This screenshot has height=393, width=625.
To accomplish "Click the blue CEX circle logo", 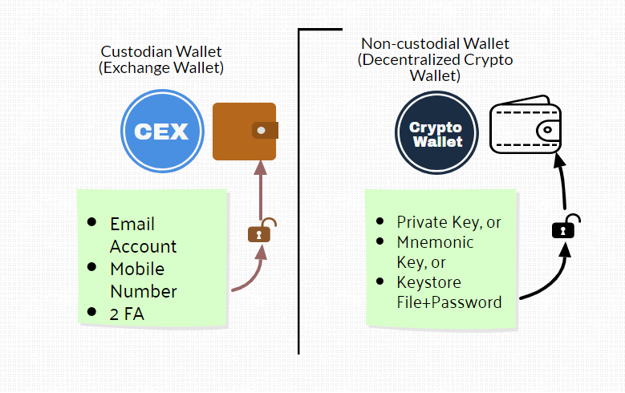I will [161, 131].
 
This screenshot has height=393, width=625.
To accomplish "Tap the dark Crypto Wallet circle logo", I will [436, 134].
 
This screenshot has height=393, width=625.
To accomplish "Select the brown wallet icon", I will [245, 132].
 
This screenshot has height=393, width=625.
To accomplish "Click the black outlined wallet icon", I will [525, 132].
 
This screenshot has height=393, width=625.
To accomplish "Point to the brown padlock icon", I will [259, 233].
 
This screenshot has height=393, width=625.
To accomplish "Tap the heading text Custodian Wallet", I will [160, 52].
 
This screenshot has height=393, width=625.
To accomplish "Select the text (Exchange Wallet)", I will [160, 68].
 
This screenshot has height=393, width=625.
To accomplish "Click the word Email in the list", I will [132, 224].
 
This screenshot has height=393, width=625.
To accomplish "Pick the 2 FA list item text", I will [127, 314].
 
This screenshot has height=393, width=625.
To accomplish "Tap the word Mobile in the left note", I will [137, 269].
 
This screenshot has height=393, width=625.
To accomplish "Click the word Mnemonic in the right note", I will [435, 242].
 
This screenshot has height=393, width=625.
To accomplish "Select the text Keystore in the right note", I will [429, 282].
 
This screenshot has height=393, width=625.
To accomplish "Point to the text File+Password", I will [449, 302].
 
